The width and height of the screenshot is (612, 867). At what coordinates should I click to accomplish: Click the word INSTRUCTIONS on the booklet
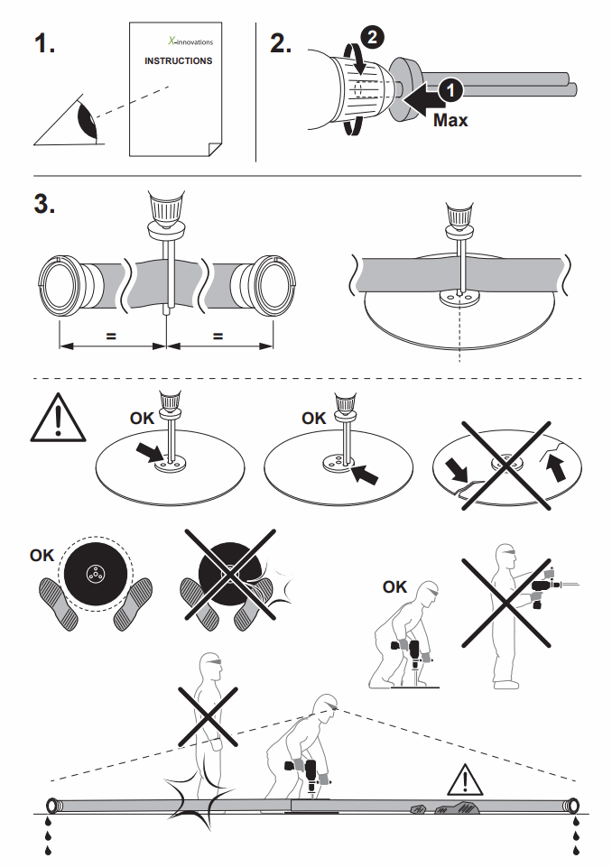[178, 60]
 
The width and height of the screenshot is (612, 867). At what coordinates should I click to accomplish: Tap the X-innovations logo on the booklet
[190, 41]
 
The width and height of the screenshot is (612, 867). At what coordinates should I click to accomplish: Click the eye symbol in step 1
[87, 119]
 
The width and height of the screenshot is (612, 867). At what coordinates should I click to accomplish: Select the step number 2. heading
[281, 43]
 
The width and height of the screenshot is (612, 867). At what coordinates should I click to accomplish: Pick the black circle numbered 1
[450, 89]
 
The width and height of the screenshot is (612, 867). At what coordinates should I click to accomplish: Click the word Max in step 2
[450, 120]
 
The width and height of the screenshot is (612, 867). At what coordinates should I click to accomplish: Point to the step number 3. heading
[44, 204]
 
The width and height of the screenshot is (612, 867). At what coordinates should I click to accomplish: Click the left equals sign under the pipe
[111, 336]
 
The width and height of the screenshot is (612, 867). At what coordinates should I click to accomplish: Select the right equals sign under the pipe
[218, 336]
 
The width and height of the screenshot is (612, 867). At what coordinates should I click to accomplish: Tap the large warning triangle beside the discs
[58, 418]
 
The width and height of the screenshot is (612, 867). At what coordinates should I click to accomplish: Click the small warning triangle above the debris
[466, 779]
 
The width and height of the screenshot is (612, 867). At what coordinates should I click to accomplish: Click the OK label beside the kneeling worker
[394, 586]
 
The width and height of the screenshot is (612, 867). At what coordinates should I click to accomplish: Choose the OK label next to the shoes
[42, 555]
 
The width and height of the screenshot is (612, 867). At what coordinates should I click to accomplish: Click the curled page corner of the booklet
[215, 149]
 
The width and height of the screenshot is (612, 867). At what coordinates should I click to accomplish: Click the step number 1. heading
[44, 43]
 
